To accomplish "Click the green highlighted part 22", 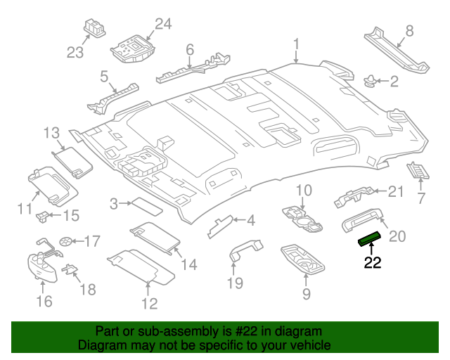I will point(369,239).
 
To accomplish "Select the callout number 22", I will point(372,264).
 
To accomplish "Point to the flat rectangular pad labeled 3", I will point(146,206).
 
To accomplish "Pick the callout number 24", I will point(162,25).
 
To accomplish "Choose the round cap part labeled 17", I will point(65,240).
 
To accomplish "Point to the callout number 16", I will point(44,302).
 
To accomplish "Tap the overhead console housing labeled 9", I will point(304,259).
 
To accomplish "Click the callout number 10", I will point(303,190).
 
